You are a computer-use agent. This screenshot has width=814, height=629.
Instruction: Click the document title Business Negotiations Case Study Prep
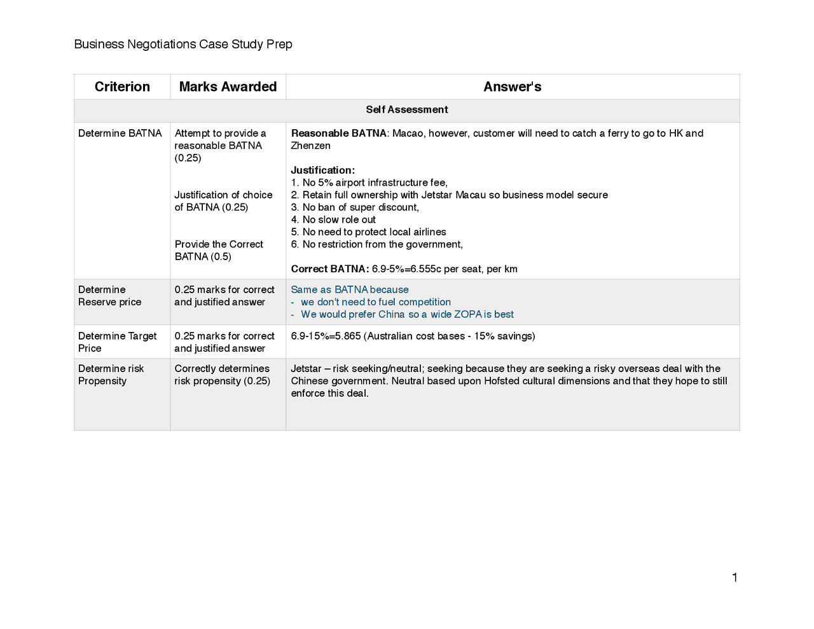[x=183, y=45]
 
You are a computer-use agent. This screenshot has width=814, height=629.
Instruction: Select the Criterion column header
[x=122, y=87]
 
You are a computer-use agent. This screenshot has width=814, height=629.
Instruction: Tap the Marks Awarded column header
[x=228, y=87]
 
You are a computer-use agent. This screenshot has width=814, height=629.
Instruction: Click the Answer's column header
[x=512, y=87]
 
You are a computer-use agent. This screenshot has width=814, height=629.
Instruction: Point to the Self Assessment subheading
[x=406, y=110]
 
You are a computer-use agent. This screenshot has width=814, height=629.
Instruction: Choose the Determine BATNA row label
[x=120, y=134]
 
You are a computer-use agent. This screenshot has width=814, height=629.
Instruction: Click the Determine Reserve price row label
[x=109, y=296]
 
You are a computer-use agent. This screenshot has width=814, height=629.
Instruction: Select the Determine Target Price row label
[x=117, y=342]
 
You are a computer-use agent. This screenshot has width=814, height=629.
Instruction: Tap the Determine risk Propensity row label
[x=111, y=375]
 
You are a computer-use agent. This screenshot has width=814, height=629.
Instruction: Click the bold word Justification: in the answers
[x=322, y=170]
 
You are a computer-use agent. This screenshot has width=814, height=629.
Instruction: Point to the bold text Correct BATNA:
[x=329, y=269]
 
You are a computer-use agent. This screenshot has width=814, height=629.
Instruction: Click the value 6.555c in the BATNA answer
[x=424, y=269]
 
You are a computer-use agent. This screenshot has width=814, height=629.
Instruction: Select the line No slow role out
[x=339, y=220]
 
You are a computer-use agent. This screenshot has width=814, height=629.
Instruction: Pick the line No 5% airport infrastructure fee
[x=375, y=183]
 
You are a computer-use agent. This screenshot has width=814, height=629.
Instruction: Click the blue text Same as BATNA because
[x=350, y=290]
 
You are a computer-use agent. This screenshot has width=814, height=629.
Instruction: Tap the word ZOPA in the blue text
[x=467, y=315]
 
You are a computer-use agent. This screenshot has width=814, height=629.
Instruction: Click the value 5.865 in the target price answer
[x=348, y=336]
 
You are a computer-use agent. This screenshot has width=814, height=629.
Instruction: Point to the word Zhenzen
[x=310, y=146]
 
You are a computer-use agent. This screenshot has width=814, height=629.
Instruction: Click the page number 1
[x=735, y=577]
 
